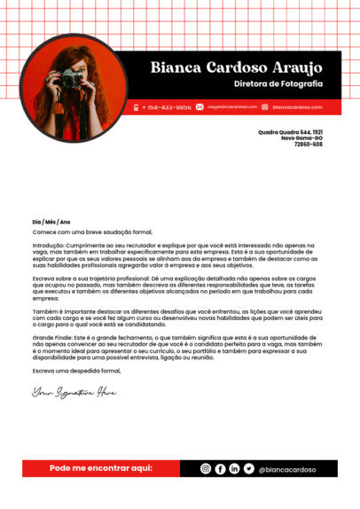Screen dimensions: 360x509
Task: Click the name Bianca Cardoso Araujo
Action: pos(236,67)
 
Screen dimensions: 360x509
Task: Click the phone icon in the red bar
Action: pos(137,106)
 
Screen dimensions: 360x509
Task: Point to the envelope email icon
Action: pos(200,106)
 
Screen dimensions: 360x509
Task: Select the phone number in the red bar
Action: pos(169,106)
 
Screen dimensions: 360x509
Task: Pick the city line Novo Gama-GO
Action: pos(301,137)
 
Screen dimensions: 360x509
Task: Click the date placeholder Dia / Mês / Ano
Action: pos(51,222)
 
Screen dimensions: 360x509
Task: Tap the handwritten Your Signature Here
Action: pos(74,391)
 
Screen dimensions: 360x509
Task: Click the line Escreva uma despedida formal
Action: pos(75,370)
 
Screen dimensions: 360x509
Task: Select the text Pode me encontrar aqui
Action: pos(100,467)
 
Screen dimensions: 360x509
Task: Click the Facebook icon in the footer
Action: pos(220,468)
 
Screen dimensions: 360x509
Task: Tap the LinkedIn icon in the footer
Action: pos(234,468)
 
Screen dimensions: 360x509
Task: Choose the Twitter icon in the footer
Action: pos(248,468)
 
